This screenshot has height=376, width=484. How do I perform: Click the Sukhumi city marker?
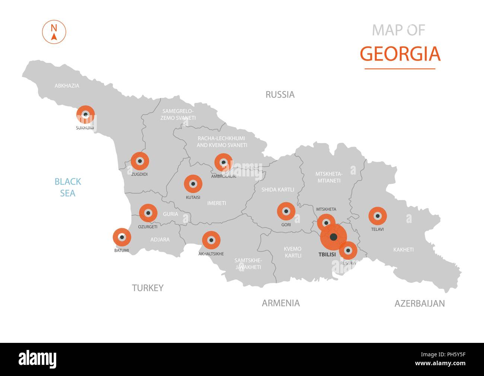tap(86, 115)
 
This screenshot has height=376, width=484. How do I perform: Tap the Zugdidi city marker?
tap(140, 161)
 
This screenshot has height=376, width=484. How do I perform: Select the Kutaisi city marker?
tap(193, 184)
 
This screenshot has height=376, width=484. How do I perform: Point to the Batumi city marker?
tap(122, 237)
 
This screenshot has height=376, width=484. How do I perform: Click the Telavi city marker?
tap(378, 216)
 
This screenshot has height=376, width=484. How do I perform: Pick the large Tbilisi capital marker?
tap(334, 236)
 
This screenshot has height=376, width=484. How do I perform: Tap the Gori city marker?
tap(286, 211)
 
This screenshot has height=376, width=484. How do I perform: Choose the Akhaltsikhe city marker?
tap(211, 240)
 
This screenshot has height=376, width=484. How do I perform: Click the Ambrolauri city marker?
tap(223, 162)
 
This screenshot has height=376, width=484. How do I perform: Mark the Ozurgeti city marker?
tap(148, 213)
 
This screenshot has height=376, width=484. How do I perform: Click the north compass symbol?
tap(54, 32)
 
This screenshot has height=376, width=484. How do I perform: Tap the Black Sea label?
tap(68, 187)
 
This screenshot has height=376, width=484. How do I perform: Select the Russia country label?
tap(280, 95)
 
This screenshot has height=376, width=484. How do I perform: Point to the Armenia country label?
tap(281, 303)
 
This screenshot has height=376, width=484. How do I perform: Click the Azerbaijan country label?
tap(420, 303)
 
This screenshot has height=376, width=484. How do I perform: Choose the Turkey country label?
tap(148, 288)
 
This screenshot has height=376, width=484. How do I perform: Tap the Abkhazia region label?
tap(67, 86)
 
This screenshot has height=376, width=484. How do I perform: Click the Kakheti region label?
tap(403, 249)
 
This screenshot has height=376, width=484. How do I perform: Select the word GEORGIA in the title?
tap(400, 54)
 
